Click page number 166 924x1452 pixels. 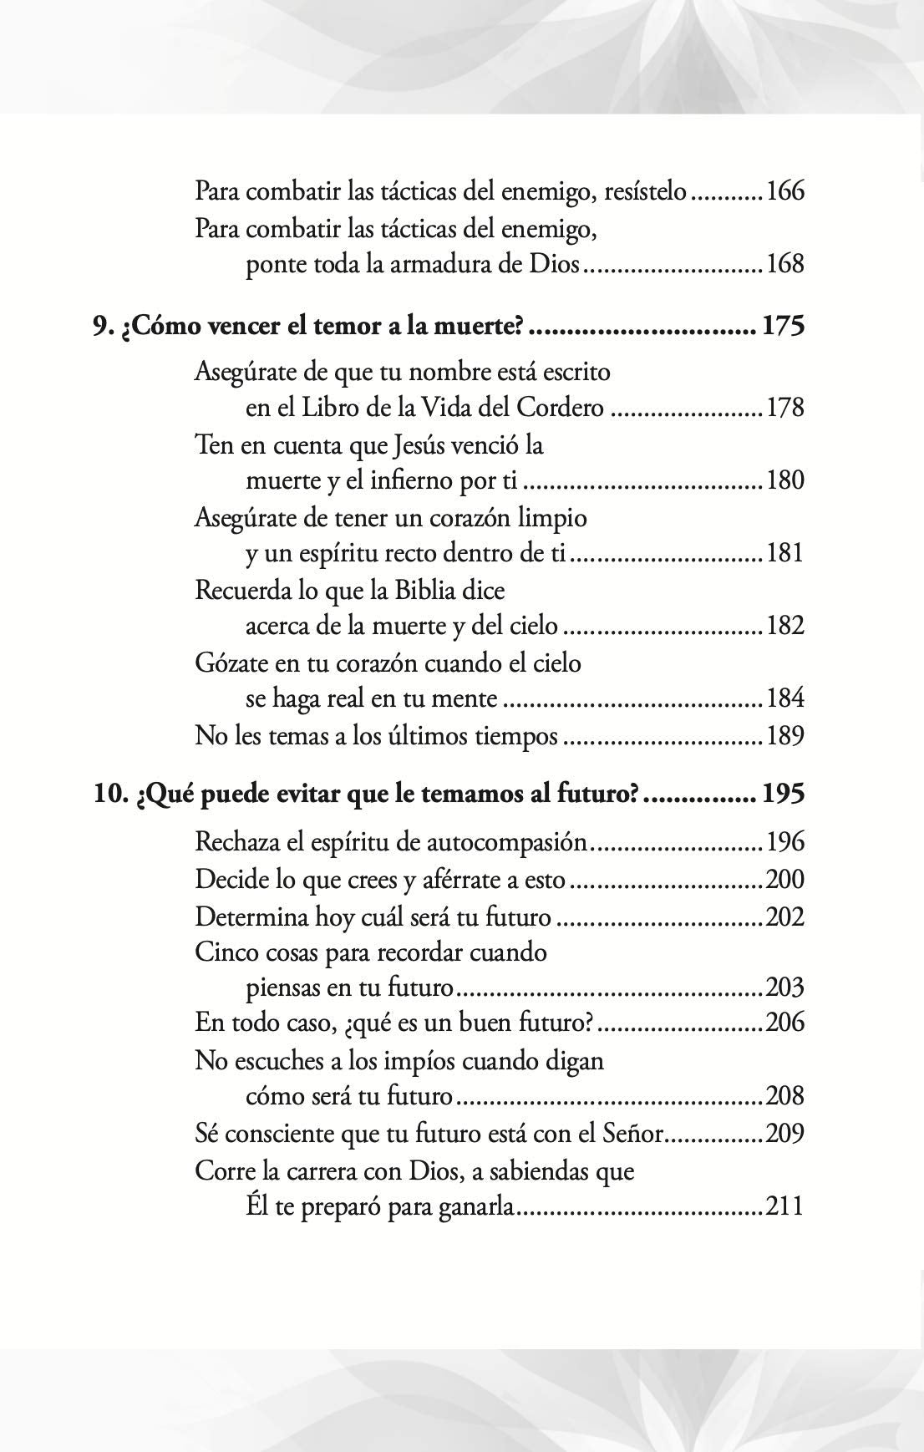[x=785, y=191]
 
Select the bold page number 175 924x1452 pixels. [x=783, y=325]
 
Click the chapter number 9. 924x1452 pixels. [x=99, y=325]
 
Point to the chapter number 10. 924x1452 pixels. [x=109, y=794]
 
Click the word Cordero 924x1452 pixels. [x=560, y=408]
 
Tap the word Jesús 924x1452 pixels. [x=424, y=445]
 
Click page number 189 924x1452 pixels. [x=785, y=736]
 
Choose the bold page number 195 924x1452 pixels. [x=783, y=794]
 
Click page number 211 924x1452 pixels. [x=785, y=1206]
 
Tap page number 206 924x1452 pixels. [x=785, y=1022]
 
